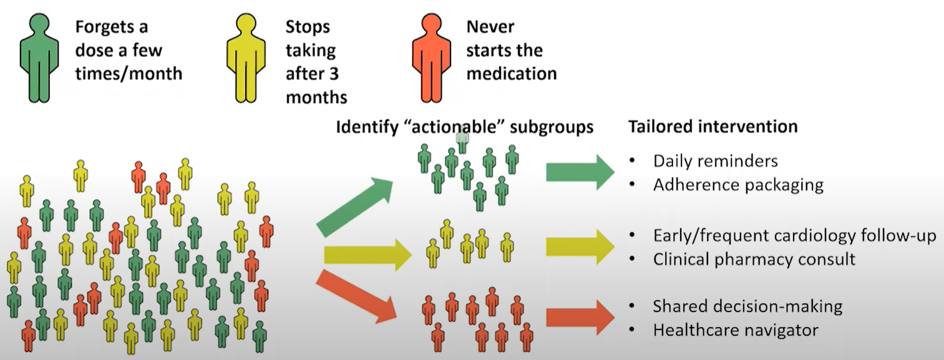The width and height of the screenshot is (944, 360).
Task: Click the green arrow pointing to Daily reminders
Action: pos(580,172)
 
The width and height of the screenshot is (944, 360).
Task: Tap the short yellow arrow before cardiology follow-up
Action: pos(580,246)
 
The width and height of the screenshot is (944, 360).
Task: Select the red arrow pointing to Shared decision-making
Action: pos(580,318)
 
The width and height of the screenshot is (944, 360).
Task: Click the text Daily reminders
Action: pos(715,161)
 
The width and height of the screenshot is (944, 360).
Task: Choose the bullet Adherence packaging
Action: pos(738,185)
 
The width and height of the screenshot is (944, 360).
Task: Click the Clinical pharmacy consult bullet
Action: pos(754,259)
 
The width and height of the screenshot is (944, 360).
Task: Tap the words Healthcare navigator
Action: pos(735,330)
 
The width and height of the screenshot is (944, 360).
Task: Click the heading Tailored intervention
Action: pos(712,127)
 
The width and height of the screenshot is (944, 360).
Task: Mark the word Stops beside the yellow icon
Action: pos(308,27)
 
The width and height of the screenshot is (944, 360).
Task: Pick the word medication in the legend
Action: pos(511,74)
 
